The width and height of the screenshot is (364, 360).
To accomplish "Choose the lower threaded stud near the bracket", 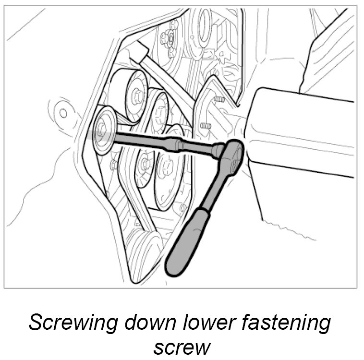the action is [205, 126].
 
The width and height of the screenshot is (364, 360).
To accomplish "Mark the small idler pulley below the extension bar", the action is [143, 166].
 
